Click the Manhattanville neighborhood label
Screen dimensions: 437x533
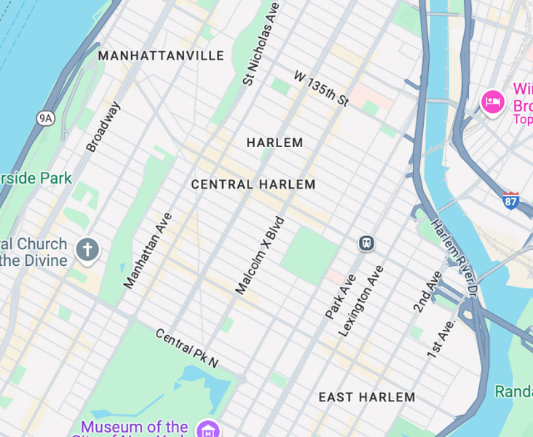[161, 56]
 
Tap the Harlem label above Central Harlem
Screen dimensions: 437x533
[275, 143]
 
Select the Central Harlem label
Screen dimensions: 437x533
[253, 185]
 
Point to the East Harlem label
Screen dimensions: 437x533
[367, 398]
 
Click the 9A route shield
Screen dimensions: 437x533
[46, 117]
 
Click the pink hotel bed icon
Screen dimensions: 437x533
[493, 101]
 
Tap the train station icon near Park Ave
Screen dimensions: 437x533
[366, 243]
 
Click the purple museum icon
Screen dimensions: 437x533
[209, 428]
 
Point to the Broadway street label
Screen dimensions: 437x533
[103, 127]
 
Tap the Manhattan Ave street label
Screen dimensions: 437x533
[148, 251]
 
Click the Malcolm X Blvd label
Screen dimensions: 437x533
[259, 255]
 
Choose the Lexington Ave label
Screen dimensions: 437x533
[360, 301]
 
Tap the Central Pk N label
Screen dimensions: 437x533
[186, 348]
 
